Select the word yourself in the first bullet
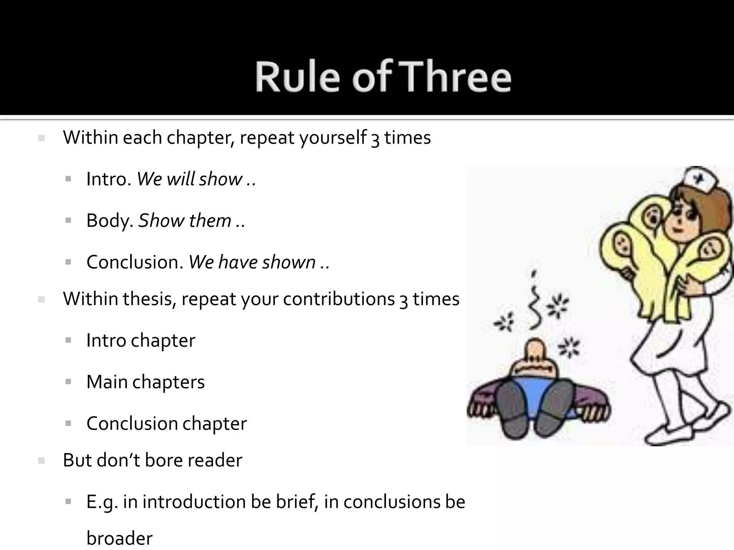(x=333, y=137)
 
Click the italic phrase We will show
(x=190, y=179)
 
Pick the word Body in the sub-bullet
(x=108, y=221)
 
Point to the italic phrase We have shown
(x=252, y=262)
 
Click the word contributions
(x=339, y=299)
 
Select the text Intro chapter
(x=141, y=340)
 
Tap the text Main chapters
(x=146, y=382)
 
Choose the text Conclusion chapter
(x=167, y=424)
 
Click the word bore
(x=162, y=460)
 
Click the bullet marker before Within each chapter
(x=41, y=138)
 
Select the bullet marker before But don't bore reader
(x=41, y=461)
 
